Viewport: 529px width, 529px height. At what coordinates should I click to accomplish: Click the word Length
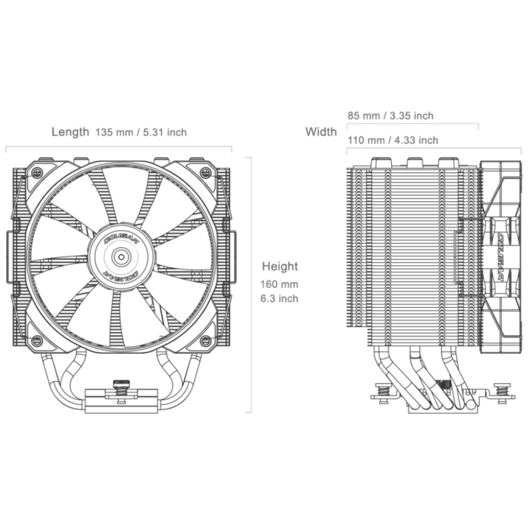[x=70, y=132]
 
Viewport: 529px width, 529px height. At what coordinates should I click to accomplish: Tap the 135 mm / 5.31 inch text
[x=141, y=132]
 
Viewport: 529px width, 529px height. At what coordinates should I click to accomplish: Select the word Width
[x=321, y=132]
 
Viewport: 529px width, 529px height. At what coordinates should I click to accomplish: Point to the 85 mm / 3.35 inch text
[x=391, y=116]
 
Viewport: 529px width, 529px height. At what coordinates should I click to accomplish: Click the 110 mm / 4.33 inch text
[x=393, y=140]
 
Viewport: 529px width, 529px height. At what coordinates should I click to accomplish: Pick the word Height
[x=280, y=267]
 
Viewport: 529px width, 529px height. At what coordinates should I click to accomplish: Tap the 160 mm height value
[x=280, y=284]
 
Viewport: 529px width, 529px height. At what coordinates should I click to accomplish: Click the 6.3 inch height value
[x=280, y=298]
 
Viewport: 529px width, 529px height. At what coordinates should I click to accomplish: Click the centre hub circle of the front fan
[x=121, y=258]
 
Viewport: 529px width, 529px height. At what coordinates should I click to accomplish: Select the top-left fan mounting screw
[x=37, y=174]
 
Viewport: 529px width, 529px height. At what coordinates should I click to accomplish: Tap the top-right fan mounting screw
[x=205, y=173]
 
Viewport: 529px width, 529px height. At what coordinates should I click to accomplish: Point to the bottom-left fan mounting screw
[x=37, y=340]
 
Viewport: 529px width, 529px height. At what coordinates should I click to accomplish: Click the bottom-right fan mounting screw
[x=205, y=340]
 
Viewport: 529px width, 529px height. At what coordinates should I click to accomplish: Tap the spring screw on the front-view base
[x=121, y=391]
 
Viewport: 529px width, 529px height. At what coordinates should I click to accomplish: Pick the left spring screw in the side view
[x=382, y=393]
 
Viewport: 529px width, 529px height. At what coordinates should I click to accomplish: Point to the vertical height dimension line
[x=250, y=284]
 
